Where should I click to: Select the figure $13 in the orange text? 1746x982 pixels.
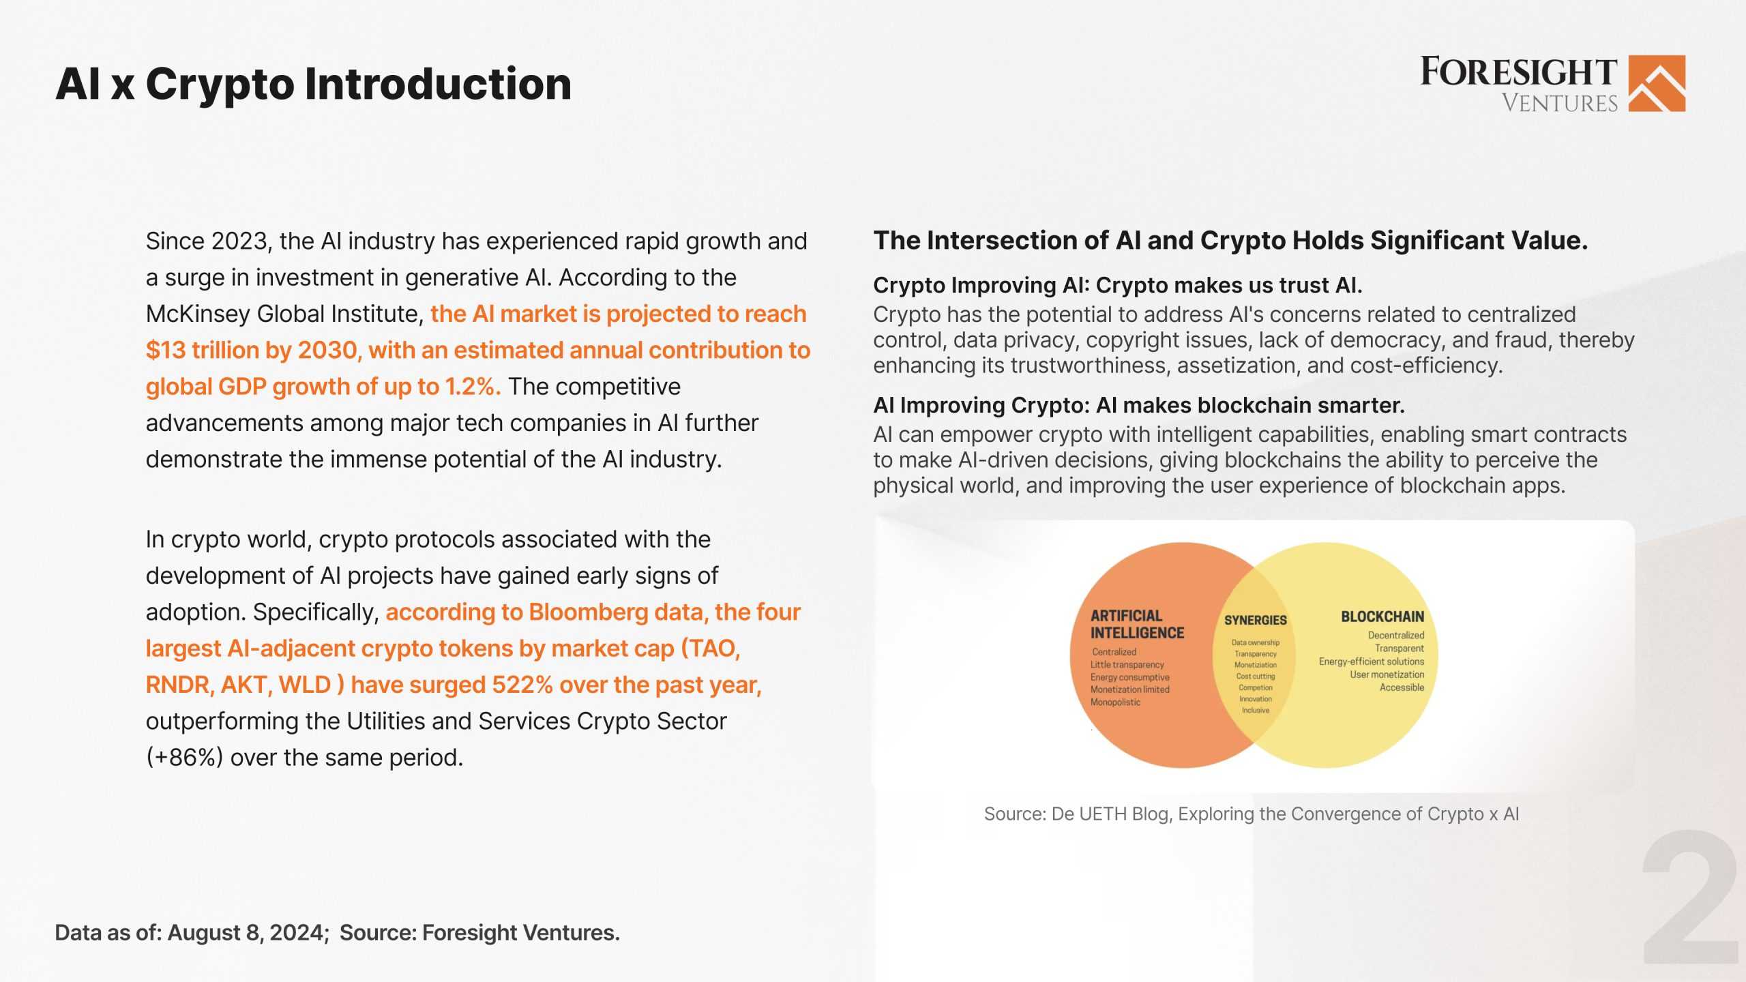(166, 351)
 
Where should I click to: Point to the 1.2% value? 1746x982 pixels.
(469, 387)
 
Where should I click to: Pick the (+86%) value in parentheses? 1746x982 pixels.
(184, 758)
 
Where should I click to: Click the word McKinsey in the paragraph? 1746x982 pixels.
(198, 314)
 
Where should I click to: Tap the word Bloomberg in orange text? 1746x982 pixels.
(588, 612)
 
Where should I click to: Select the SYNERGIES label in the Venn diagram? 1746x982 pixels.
(1255, 621)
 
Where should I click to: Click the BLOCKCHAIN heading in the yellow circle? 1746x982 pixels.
(1382, 616)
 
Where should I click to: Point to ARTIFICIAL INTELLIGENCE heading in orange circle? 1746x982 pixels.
(1136, 624)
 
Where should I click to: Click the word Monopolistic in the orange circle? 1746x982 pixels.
(1115, 702)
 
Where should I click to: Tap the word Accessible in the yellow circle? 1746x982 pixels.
(1402, 687)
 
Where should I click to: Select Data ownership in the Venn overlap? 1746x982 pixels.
(1255, 642)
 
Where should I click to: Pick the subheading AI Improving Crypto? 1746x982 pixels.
(980, 405)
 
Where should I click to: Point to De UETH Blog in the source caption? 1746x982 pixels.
(1111, 814)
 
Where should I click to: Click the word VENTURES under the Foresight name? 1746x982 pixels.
(1559, 104)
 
